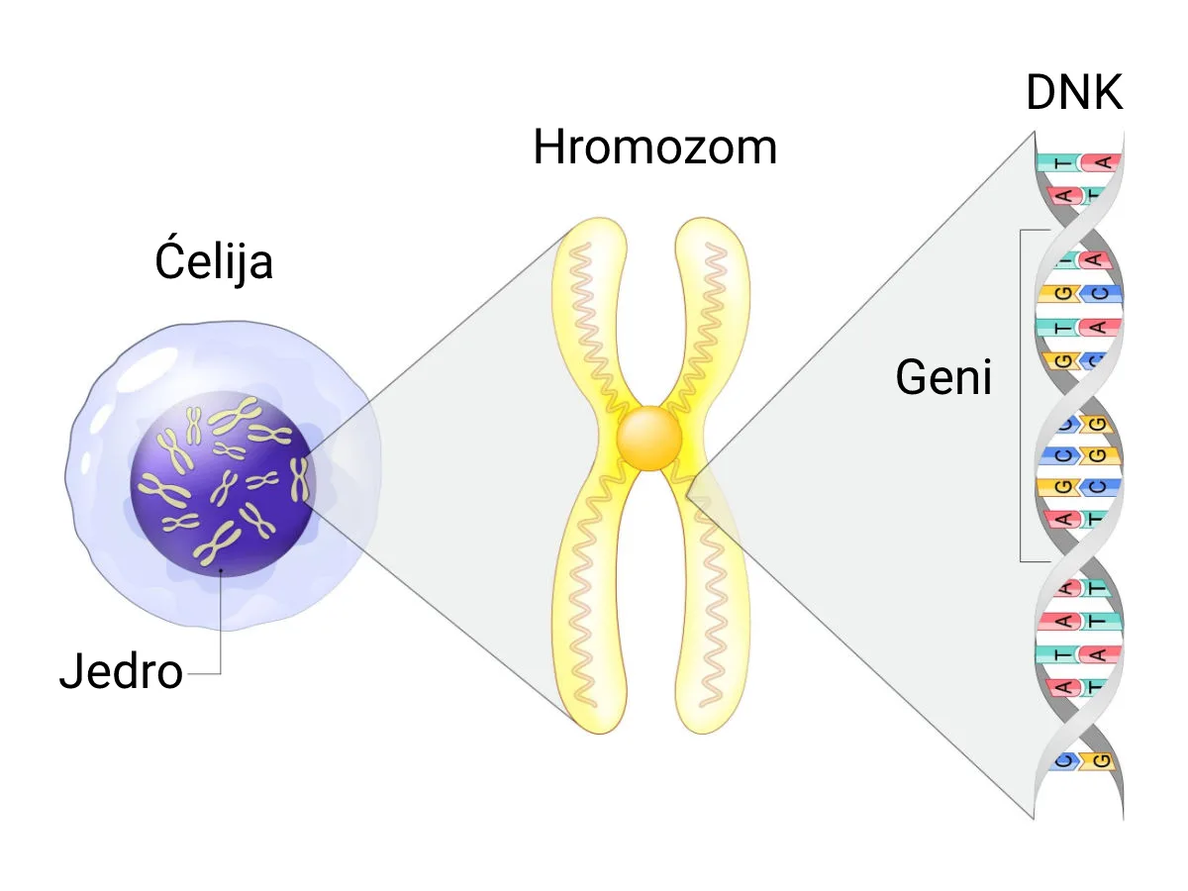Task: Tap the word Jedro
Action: click(x=121, y=671)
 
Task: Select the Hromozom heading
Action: click(x=655, y=147)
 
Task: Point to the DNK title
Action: click(x=1074, y=92)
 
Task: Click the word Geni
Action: click(x=943, y=376)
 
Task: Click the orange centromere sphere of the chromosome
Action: click(x=648, y=439)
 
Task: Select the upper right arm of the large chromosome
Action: click(x=709, y=319)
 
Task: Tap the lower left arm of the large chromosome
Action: click(x=590, y=595)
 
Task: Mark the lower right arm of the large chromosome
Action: click(x=712, y=595)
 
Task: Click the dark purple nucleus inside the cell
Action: click(x=223, y=484)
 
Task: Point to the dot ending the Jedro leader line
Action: click(x=221, y=570)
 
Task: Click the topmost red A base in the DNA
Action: click(x=1102, y=162)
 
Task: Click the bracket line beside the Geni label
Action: click(x=1021, y=396)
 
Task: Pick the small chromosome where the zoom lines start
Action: click(x=299, y=479)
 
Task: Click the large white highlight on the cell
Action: click(x=148, y=369)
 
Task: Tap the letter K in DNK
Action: click(x=1107, y=92)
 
